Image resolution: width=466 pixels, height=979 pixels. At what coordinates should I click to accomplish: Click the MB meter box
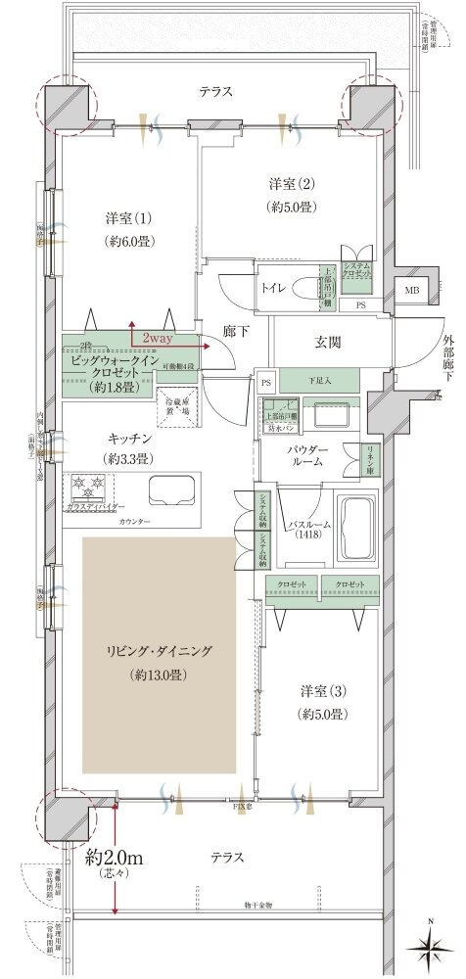point(413,289)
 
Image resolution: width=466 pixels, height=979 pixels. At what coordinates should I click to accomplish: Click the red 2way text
point(158,338)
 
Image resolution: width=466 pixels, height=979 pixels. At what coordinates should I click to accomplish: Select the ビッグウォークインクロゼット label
point(106,373)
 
